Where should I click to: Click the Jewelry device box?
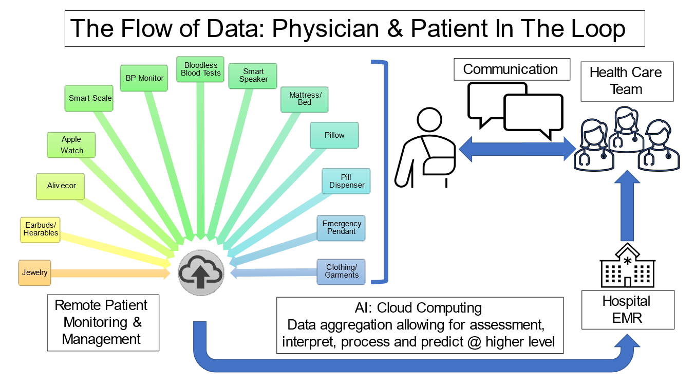click(x=35, y=272)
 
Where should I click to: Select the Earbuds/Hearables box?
click(x=41, y=229)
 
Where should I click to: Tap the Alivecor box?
click(x=61, y=186)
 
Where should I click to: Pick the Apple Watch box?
click(x=72, y=145)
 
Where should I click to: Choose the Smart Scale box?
click(x=90, y=98)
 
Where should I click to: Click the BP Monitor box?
click(x=144, y=79)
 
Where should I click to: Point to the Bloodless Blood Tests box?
click(x=201, y=69)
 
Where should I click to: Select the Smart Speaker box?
click(x=253, y=76)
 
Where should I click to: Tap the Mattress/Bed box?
click(x=305, y=99)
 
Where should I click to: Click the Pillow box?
click(x=334, y=135)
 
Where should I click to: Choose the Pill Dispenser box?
click(x=347, y=181)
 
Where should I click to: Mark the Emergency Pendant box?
click(x=342, y=228)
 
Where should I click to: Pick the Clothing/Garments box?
click(x=342, y=271)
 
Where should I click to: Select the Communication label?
click(x=511, y=69)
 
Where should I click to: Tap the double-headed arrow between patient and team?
click(x=517, y=150)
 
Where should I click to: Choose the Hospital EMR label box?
click(x=627, y=309)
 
